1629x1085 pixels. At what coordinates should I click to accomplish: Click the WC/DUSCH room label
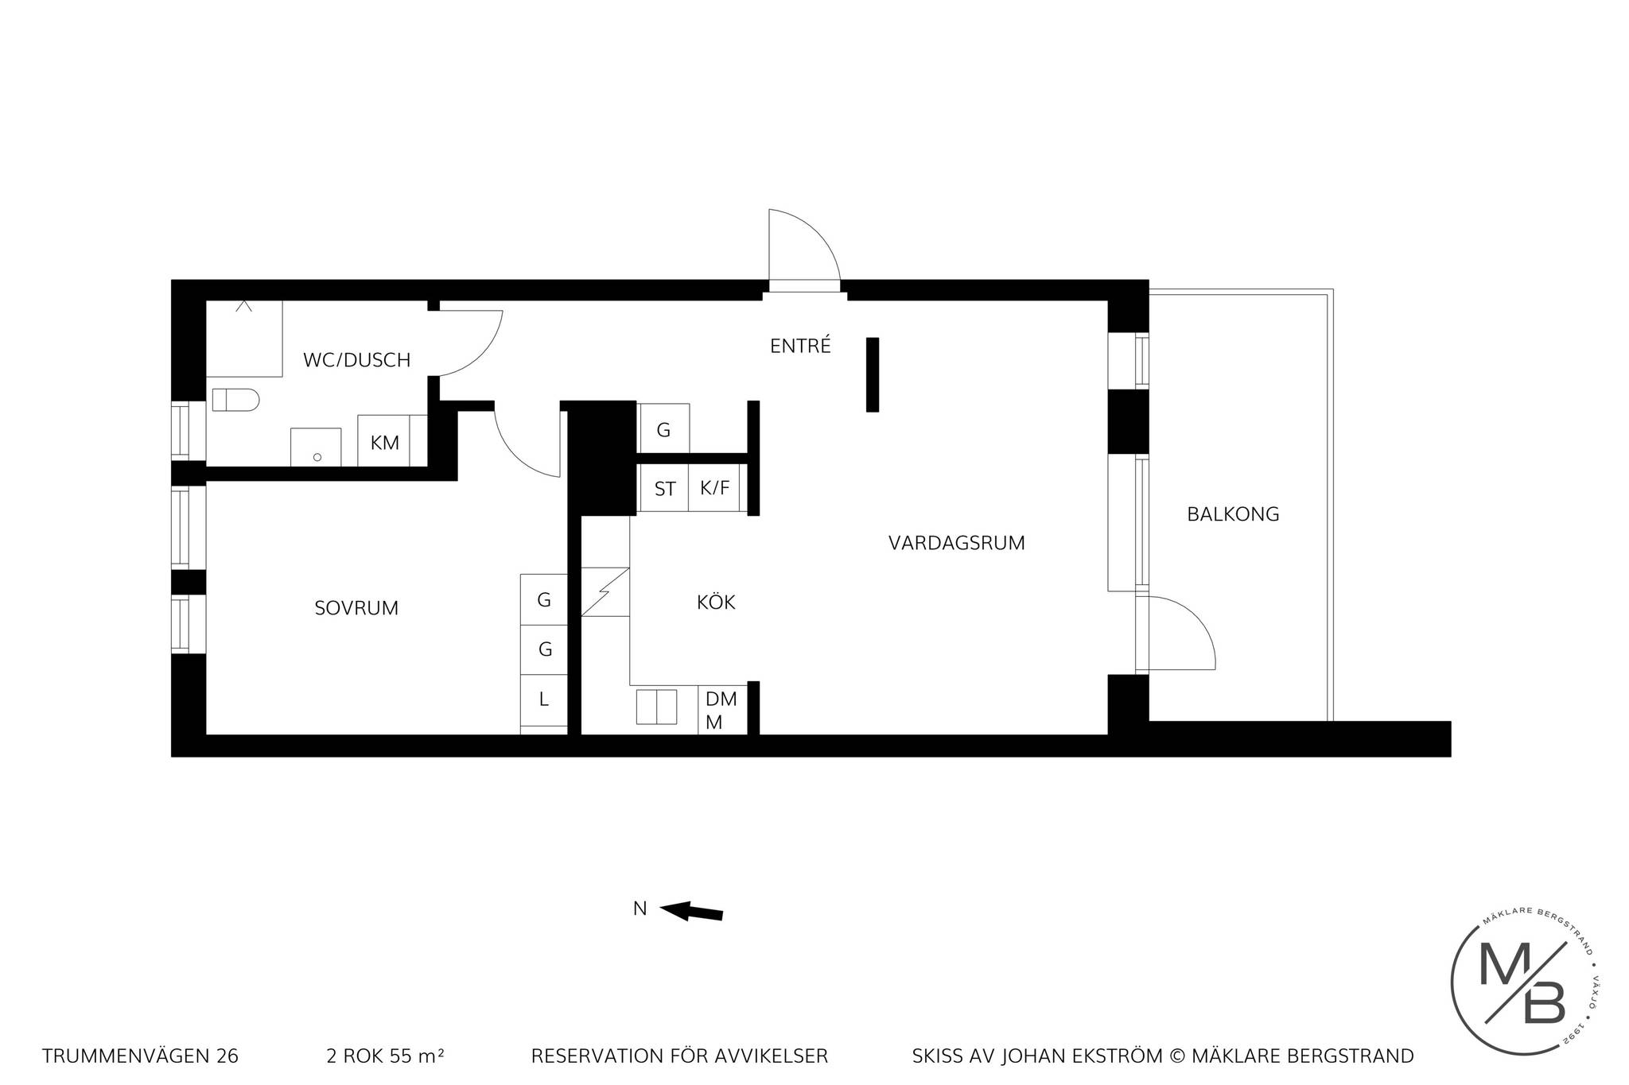click(356, 360)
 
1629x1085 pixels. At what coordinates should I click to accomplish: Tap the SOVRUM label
click(356, 608)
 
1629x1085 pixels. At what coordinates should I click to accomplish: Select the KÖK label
click(716, 602)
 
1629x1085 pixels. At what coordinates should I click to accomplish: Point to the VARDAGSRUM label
click(956, 543)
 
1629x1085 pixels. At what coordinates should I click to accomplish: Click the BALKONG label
click(1233, 514)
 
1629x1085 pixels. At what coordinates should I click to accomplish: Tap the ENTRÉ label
click(800, 345)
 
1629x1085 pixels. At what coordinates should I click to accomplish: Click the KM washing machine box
click(385, 441)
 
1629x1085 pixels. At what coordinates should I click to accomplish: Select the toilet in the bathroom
click(235, 400)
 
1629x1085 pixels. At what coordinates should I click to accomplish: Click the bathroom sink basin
click(316, 448)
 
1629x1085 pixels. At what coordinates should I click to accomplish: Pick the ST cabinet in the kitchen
click(664, 487)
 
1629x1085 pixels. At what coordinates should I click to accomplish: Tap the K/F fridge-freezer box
click(714, 487)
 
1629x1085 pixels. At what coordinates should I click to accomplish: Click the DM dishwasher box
click(722, 710)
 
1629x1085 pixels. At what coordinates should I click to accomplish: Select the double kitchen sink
click(656, 707)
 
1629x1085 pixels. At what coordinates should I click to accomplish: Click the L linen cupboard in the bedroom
click(544, 700)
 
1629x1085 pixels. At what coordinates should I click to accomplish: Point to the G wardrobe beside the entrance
click(663, 429)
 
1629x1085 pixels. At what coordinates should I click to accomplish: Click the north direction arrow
click(691, 911)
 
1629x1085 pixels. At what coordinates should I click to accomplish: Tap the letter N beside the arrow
click(640, 908)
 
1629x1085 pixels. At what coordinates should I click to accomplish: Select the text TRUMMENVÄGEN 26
click(140, 1056)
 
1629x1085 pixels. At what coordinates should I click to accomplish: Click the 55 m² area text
click(416, 1056)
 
